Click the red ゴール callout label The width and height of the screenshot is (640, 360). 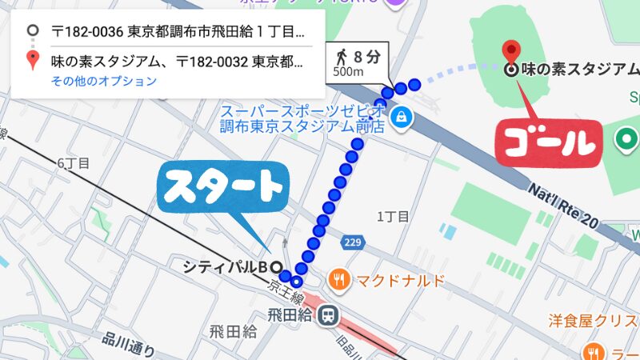548,142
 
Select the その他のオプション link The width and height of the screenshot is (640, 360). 104,81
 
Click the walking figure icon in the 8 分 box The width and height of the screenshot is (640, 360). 342,57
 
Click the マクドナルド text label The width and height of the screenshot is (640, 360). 389,280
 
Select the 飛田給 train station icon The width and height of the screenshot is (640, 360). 326,316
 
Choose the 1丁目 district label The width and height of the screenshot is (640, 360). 393,216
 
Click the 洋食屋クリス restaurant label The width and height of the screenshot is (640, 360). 592,321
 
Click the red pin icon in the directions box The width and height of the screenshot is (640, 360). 32,60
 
